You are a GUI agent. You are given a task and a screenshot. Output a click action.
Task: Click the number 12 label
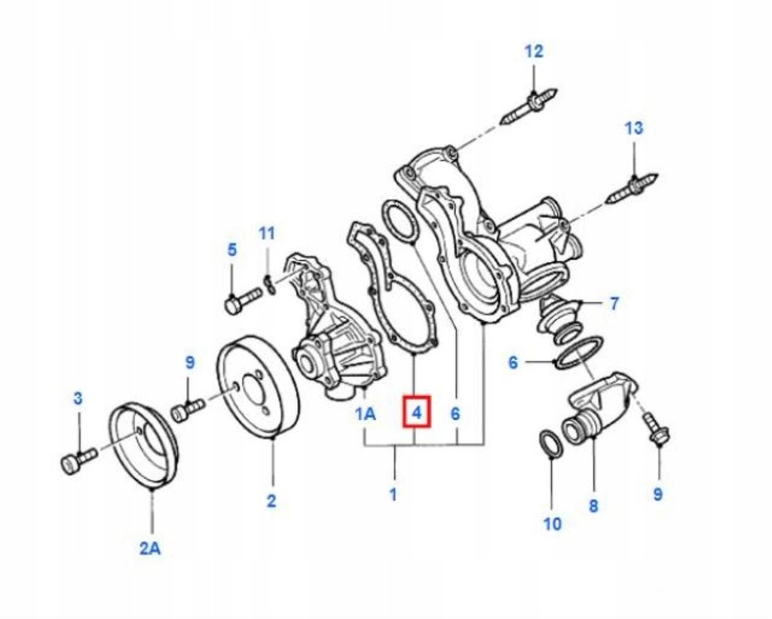click(534, 51)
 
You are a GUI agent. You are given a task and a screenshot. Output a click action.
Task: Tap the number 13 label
click(634, 128)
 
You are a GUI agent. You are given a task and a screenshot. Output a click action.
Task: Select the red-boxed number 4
click(416, 412)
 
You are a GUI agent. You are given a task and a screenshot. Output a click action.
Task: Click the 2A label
click(150, 547)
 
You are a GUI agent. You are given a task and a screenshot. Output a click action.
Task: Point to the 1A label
click(366, 413)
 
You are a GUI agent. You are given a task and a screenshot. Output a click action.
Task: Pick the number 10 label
click(553, 523)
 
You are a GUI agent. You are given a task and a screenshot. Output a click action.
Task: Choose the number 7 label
click(614, 303)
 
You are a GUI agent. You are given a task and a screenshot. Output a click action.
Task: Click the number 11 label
click(267, 233)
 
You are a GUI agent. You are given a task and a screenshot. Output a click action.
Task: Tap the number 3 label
click(78, 398)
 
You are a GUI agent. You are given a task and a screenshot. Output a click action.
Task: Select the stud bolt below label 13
click(632, 189)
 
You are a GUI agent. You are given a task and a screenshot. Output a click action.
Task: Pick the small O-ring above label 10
click(550, 444)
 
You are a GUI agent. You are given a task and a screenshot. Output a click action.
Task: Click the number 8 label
click(593, 506)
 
